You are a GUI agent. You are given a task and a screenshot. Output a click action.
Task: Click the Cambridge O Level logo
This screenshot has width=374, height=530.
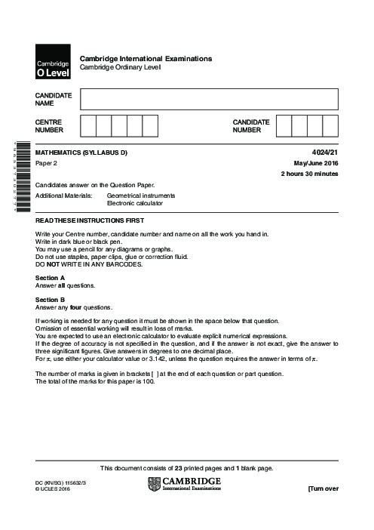coord(52,63)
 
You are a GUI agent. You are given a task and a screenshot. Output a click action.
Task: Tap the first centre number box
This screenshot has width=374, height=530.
coord(87,125)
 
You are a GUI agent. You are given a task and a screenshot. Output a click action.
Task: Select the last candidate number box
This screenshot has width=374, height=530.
coord(330,125)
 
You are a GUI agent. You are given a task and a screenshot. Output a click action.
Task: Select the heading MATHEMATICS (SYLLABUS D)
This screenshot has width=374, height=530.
coord(81,153)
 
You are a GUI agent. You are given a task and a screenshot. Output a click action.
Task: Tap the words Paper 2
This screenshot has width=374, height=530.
coord(47,163)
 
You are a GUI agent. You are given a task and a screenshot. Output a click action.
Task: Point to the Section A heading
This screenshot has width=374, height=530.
coord(51,277)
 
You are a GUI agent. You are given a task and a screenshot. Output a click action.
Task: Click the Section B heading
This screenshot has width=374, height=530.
coord(51,300)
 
